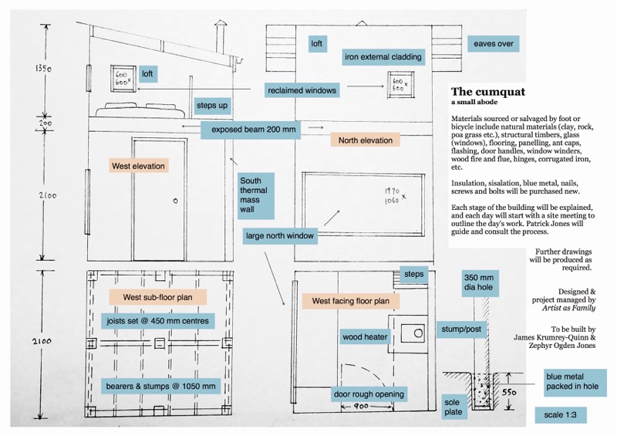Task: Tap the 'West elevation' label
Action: [139, 166]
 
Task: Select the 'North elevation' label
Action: [365, 140]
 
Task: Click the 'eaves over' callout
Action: [493, 43]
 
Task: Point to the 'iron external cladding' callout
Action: [383, 56]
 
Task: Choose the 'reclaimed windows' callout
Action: [302, 90]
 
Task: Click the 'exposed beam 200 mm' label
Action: [248, 130]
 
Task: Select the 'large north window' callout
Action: [280, 235]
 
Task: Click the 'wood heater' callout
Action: [363, 336]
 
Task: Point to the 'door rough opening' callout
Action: [369, 394]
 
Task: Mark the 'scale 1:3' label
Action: [559, 414]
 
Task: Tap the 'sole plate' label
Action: [453, 407]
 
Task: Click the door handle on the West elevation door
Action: [175, 201]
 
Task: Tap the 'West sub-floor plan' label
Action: [157, 296]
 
